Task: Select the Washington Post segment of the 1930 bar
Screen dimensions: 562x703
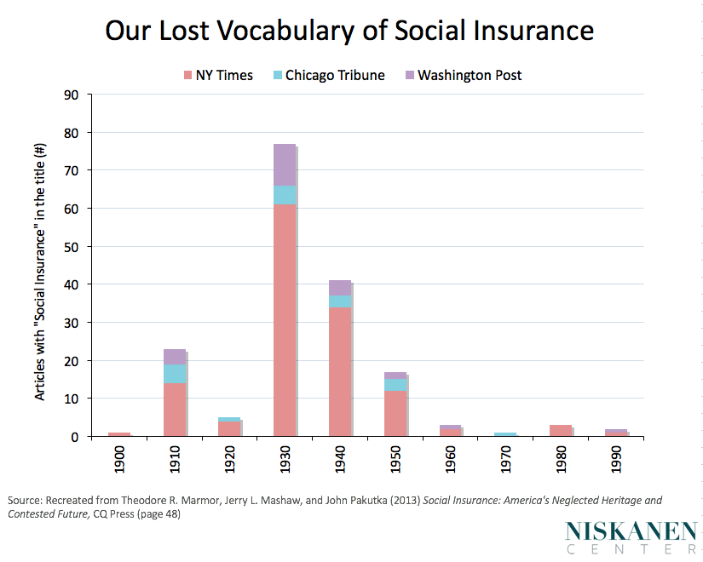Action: click(285, 164)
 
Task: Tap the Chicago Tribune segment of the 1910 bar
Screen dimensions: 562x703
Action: click(175, 374)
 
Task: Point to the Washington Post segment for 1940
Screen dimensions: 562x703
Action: click(339, 288)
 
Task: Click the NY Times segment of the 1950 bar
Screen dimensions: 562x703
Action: click(395, 413)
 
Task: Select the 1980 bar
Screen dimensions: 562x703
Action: click(560, 430)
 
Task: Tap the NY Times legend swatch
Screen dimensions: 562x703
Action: click(188, 76)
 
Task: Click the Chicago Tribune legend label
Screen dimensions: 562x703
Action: click(335, 75)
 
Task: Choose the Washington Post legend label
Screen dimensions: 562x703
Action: click(470, 75)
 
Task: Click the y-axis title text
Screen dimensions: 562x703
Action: click(40, 270)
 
